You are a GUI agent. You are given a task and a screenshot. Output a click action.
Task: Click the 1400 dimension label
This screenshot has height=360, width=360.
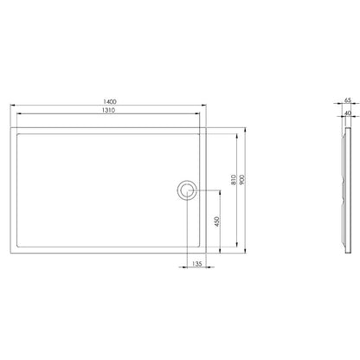click(110, 101)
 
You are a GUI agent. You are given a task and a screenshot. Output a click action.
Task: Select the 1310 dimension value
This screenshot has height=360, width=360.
click(108, 110)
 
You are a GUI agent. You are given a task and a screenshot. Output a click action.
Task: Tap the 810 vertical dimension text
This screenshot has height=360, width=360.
click(234, 180)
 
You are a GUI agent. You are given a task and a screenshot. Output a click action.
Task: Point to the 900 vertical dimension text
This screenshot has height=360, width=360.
click(242, 180)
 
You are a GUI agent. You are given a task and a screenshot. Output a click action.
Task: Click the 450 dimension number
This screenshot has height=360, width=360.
click(217, 222)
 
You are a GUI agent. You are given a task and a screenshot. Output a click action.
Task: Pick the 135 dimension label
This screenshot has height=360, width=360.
click(196, 264)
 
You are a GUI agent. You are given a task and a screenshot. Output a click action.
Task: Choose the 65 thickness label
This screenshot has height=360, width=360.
click(348, 100)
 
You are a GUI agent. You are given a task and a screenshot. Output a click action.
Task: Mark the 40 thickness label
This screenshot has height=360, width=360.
click(348, 113)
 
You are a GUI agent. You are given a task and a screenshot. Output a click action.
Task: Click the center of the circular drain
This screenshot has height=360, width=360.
click(187, 190)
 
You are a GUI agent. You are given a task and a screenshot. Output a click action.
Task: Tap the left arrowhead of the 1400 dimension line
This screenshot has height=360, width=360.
click(12, 106)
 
